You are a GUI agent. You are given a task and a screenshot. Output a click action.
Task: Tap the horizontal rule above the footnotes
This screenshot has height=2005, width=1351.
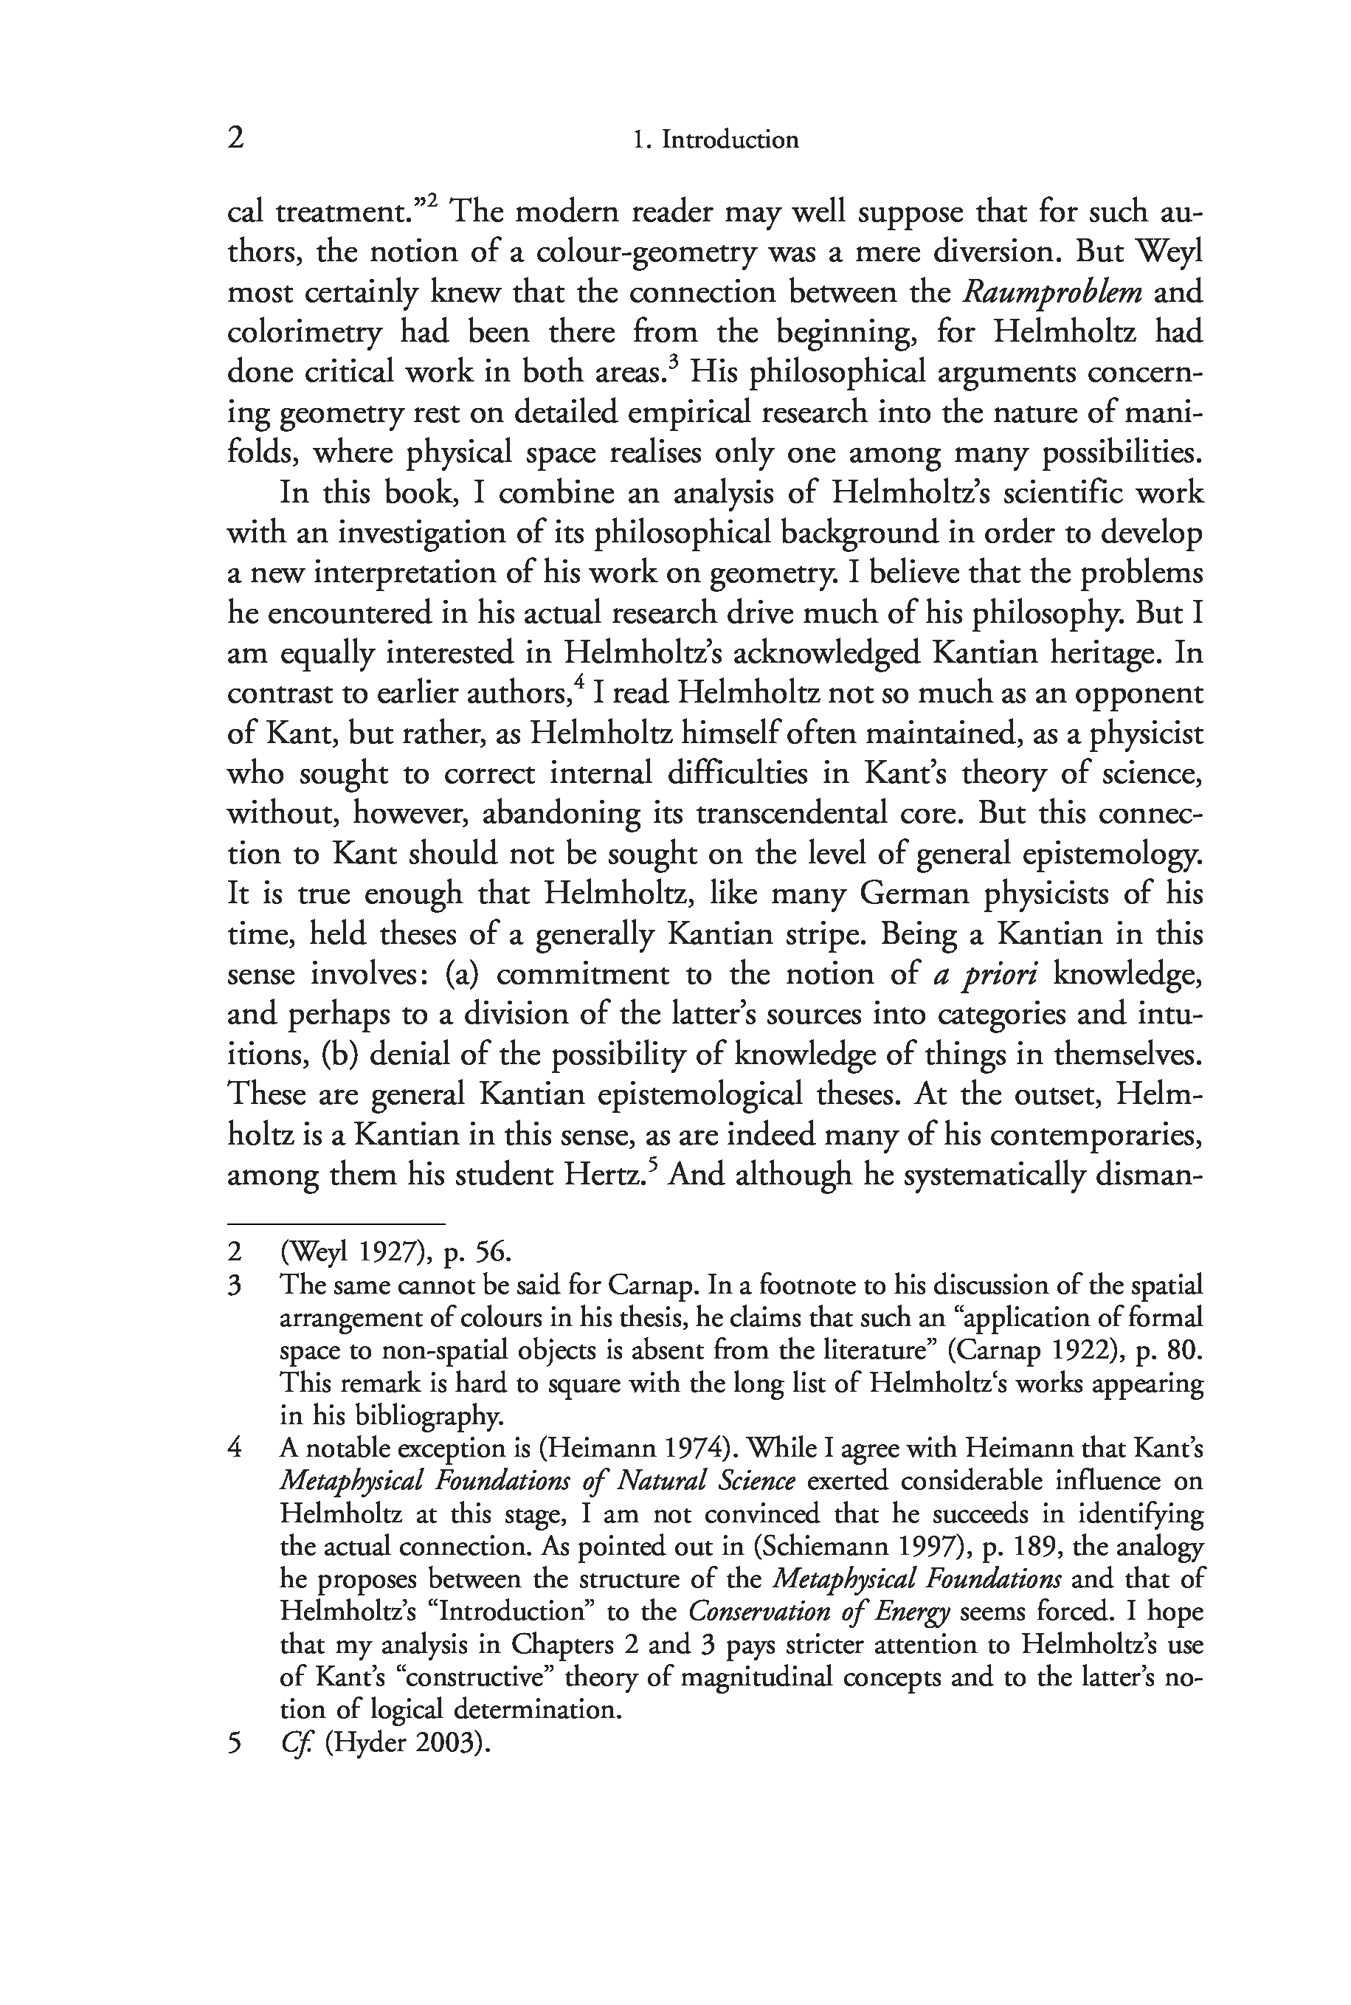pyautogui.click(x=336, y=1223)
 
